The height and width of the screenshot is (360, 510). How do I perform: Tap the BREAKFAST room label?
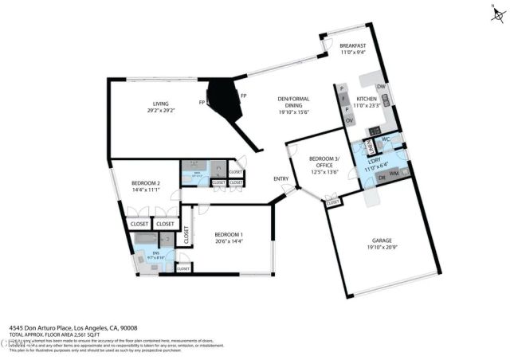(351, 46)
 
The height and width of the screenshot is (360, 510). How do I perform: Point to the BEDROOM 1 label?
(228, 234)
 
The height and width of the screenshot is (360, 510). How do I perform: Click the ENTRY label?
(280, 178)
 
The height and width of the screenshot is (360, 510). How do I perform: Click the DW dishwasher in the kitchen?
(381, 87)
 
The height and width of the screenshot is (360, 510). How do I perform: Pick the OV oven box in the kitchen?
(348, 120)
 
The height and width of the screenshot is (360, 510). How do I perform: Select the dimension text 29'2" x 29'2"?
(162, 111)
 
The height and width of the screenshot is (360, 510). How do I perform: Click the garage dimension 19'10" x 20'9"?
(383, 248)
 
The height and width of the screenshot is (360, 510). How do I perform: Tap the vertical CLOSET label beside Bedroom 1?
(186, 234)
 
